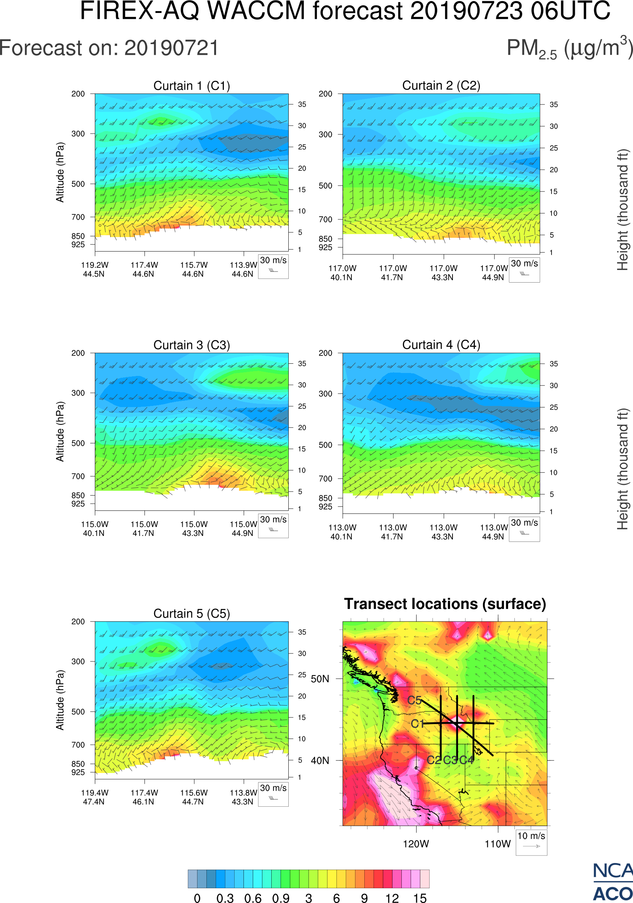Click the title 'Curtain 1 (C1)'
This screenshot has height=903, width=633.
(x=192, y=86)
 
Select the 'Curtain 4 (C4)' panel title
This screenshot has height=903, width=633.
(x=441, y=345)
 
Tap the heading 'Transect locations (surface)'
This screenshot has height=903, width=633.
(x=445, y=604)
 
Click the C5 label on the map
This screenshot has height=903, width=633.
(x=414, y=700)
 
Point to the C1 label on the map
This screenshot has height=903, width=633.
(x=417, y=724)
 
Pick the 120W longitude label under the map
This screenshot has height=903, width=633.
(x=416, y=844)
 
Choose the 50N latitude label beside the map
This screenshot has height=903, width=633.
(x=320, y=679)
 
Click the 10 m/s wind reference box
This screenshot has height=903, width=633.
(x=531, y=842)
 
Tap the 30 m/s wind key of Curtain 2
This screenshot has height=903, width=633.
(x=524, y=269)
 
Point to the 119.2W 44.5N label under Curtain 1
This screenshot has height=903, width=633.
(x=95, y=269)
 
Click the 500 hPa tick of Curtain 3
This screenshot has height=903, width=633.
(x=78, y=443)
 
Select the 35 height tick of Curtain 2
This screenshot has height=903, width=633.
(x=554, y=104)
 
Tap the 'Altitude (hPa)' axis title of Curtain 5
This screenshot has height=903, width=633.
(x=60, y=700)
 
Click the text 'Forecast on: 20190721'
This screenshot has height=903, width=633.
(x=109, y=48)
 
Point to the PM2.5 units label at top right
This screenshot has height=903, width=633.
(x=569, y=48)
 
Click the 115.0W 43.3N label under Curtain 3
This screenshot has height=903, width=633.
(x=193, y=529)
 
